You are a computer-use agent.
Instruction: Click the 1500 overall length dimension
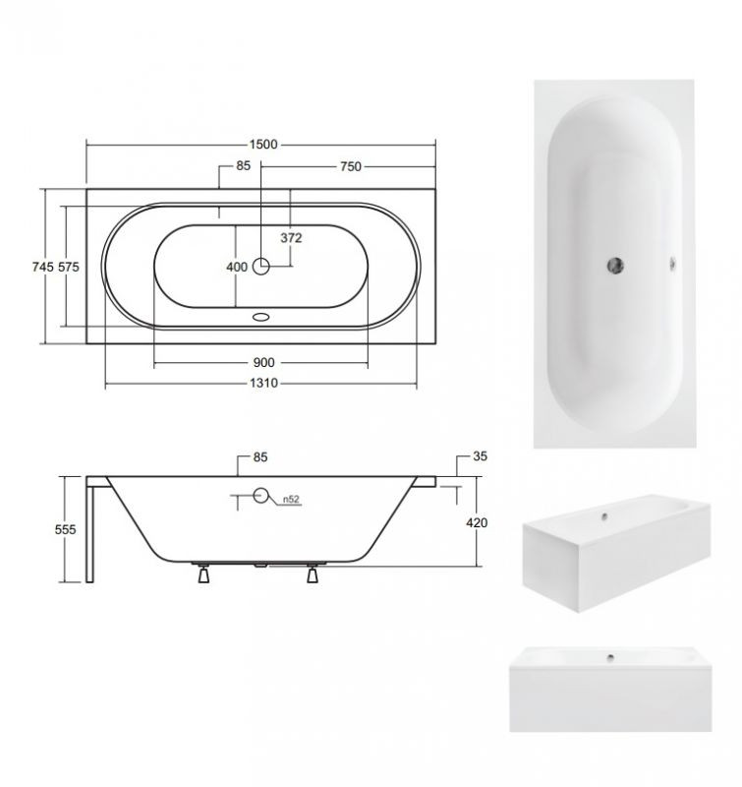[263, 145]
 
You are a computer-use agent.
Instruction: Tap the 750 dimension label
[351, 166]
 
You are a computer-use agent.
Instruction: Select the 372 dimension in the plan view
[291, 237]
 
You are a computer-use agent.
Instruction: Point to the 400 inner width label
[237, 267]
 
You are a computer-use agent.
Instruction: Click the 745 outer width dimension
[42, 267]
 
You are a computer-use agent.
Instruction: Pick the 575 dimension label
[69, 267]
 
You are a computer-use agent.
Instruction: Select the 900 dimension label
[263, 362]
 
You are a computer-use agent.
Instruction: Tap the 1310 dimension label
[263, 383]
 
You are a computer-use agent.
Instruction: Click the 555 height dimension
[65, 529]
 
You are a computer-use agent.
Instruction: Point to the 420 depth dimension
[477, 523]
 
